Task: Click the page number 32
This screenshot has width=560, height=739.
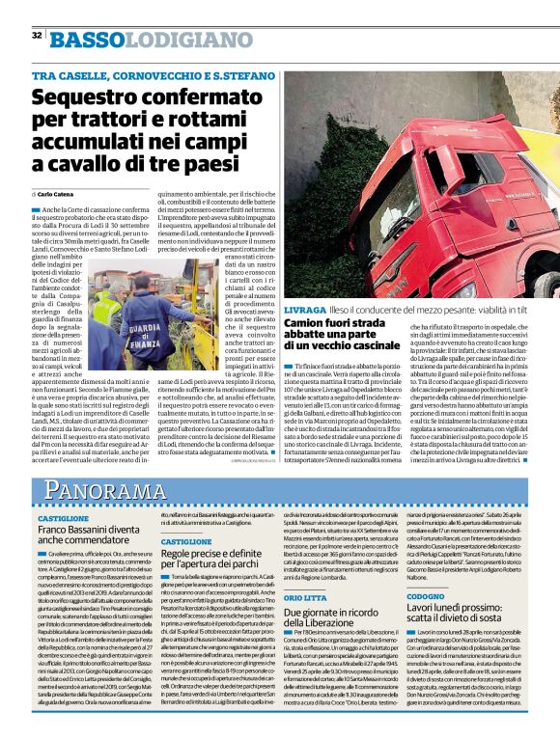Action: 37,36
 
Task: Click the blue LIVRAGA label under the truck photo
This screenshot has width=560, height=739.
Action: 304,309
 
